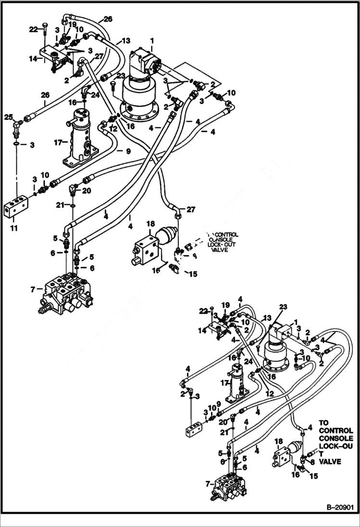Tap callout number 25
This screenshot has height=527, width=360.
[x=8, y=117]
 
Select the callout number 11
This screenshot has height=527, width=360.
[x=13, y=228]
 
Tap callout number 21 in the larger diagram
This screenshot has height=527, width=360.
[x=59, y=205]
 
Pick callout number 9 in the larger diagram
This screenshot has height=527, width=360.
[x=128, y=151]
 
